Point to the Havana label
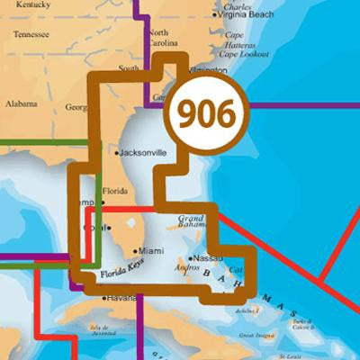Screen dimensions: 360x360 122,298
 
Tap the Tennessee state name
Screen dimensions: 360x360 36,35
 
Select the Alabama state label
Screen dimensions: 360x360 20,103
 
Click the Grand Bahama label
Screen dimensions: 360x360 193,221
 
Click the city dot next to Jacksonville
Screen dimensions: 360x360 118,154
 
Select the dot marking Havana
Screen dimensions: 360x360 105,298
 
